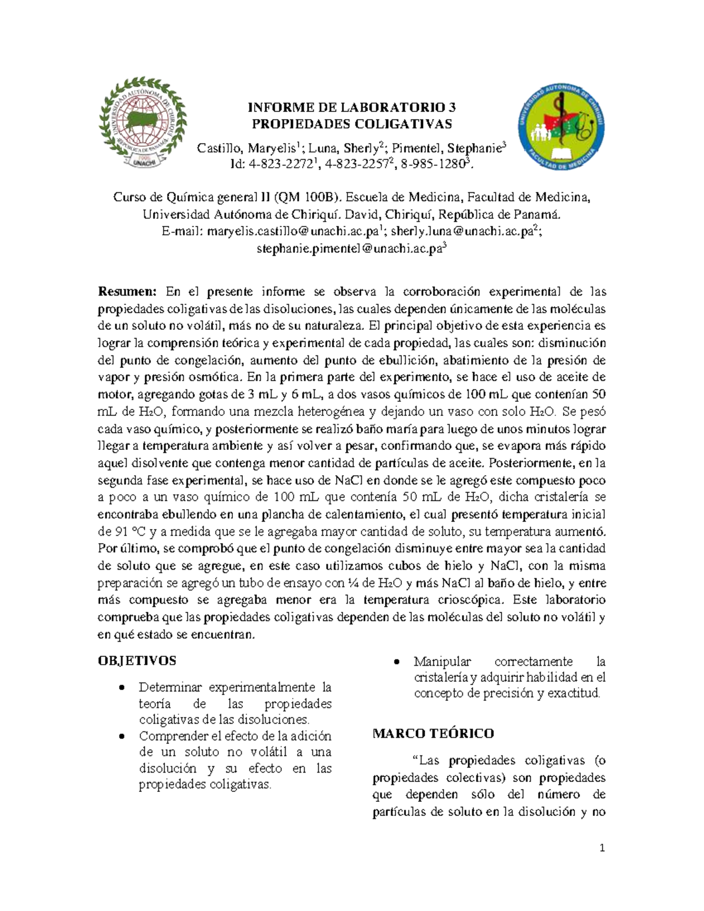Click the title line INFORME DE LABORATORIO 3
pyautogui.click(x=351, y=107)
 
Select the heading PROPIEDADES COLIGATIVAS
pyautogui.click(x=351, y=124)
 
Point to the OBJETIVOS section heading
pyautogui.click(x=137, y=661)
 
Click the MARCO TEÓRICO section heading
pyautogui.click(x=433, y=733)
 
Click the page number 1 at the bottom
pyautogui.click(x=602, y=848)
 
